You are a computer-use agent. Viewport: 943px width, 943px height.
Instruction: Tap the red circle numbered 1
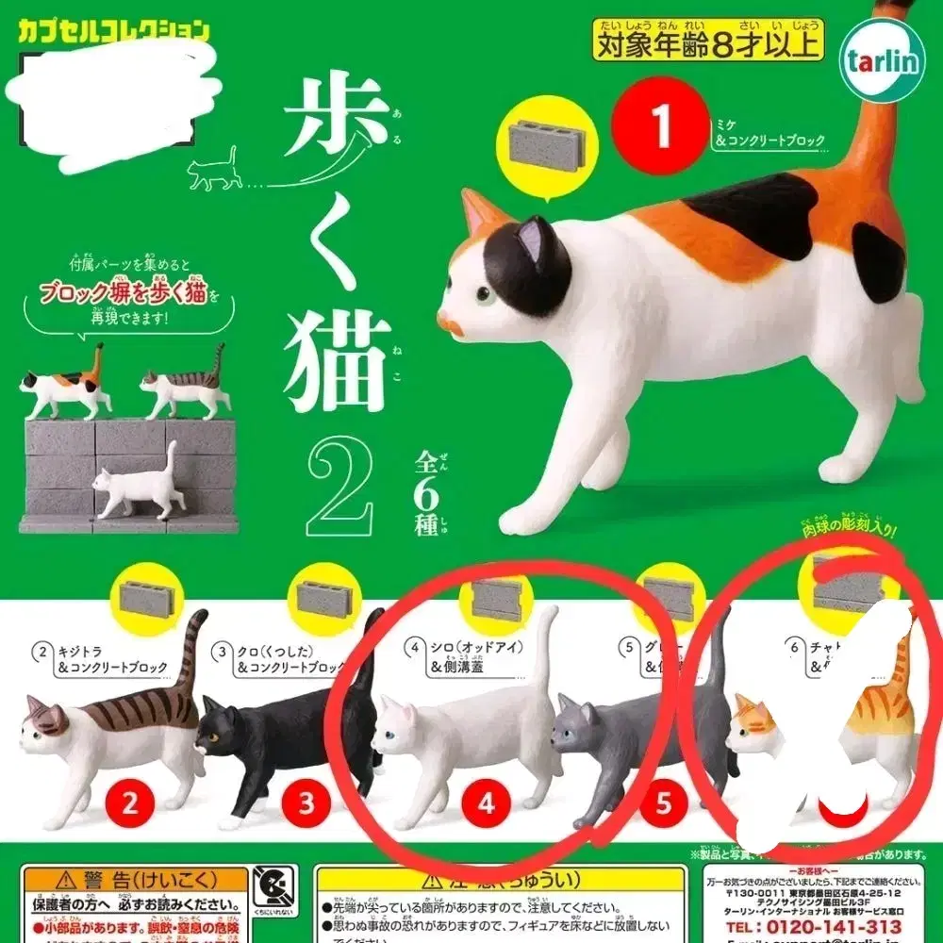pyautogui.click(x=660, y=126)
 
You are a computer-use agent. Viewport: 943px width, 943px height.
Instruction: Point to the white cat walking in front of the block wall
pyautogui.click(x=137, y=486)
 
